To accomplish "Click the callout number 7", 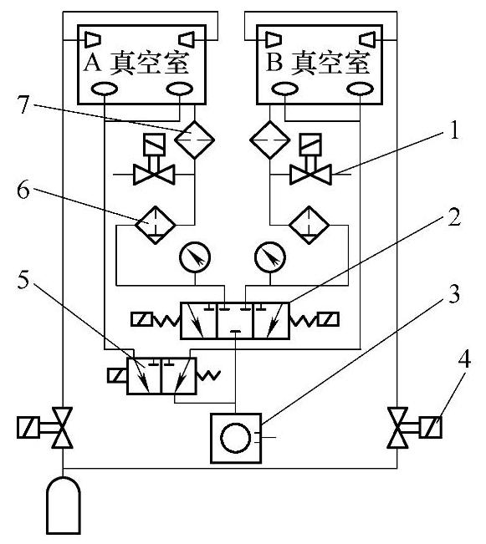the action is click(x=23, y=104).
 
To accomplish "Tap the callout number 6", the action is click(x=23, y=190).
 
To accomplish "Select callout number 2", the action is click(x=454, y=217).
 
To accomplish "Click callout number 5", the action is click(x=23, y=279).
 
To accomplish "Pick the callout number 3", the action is click(x=454, y=294).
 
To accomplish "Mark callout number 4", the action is click(x=464, y=358).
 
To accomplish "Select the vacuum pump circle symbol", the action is click(x=236, y=438).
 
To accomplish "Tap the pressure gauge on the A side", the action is click(x=195, y=257).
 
